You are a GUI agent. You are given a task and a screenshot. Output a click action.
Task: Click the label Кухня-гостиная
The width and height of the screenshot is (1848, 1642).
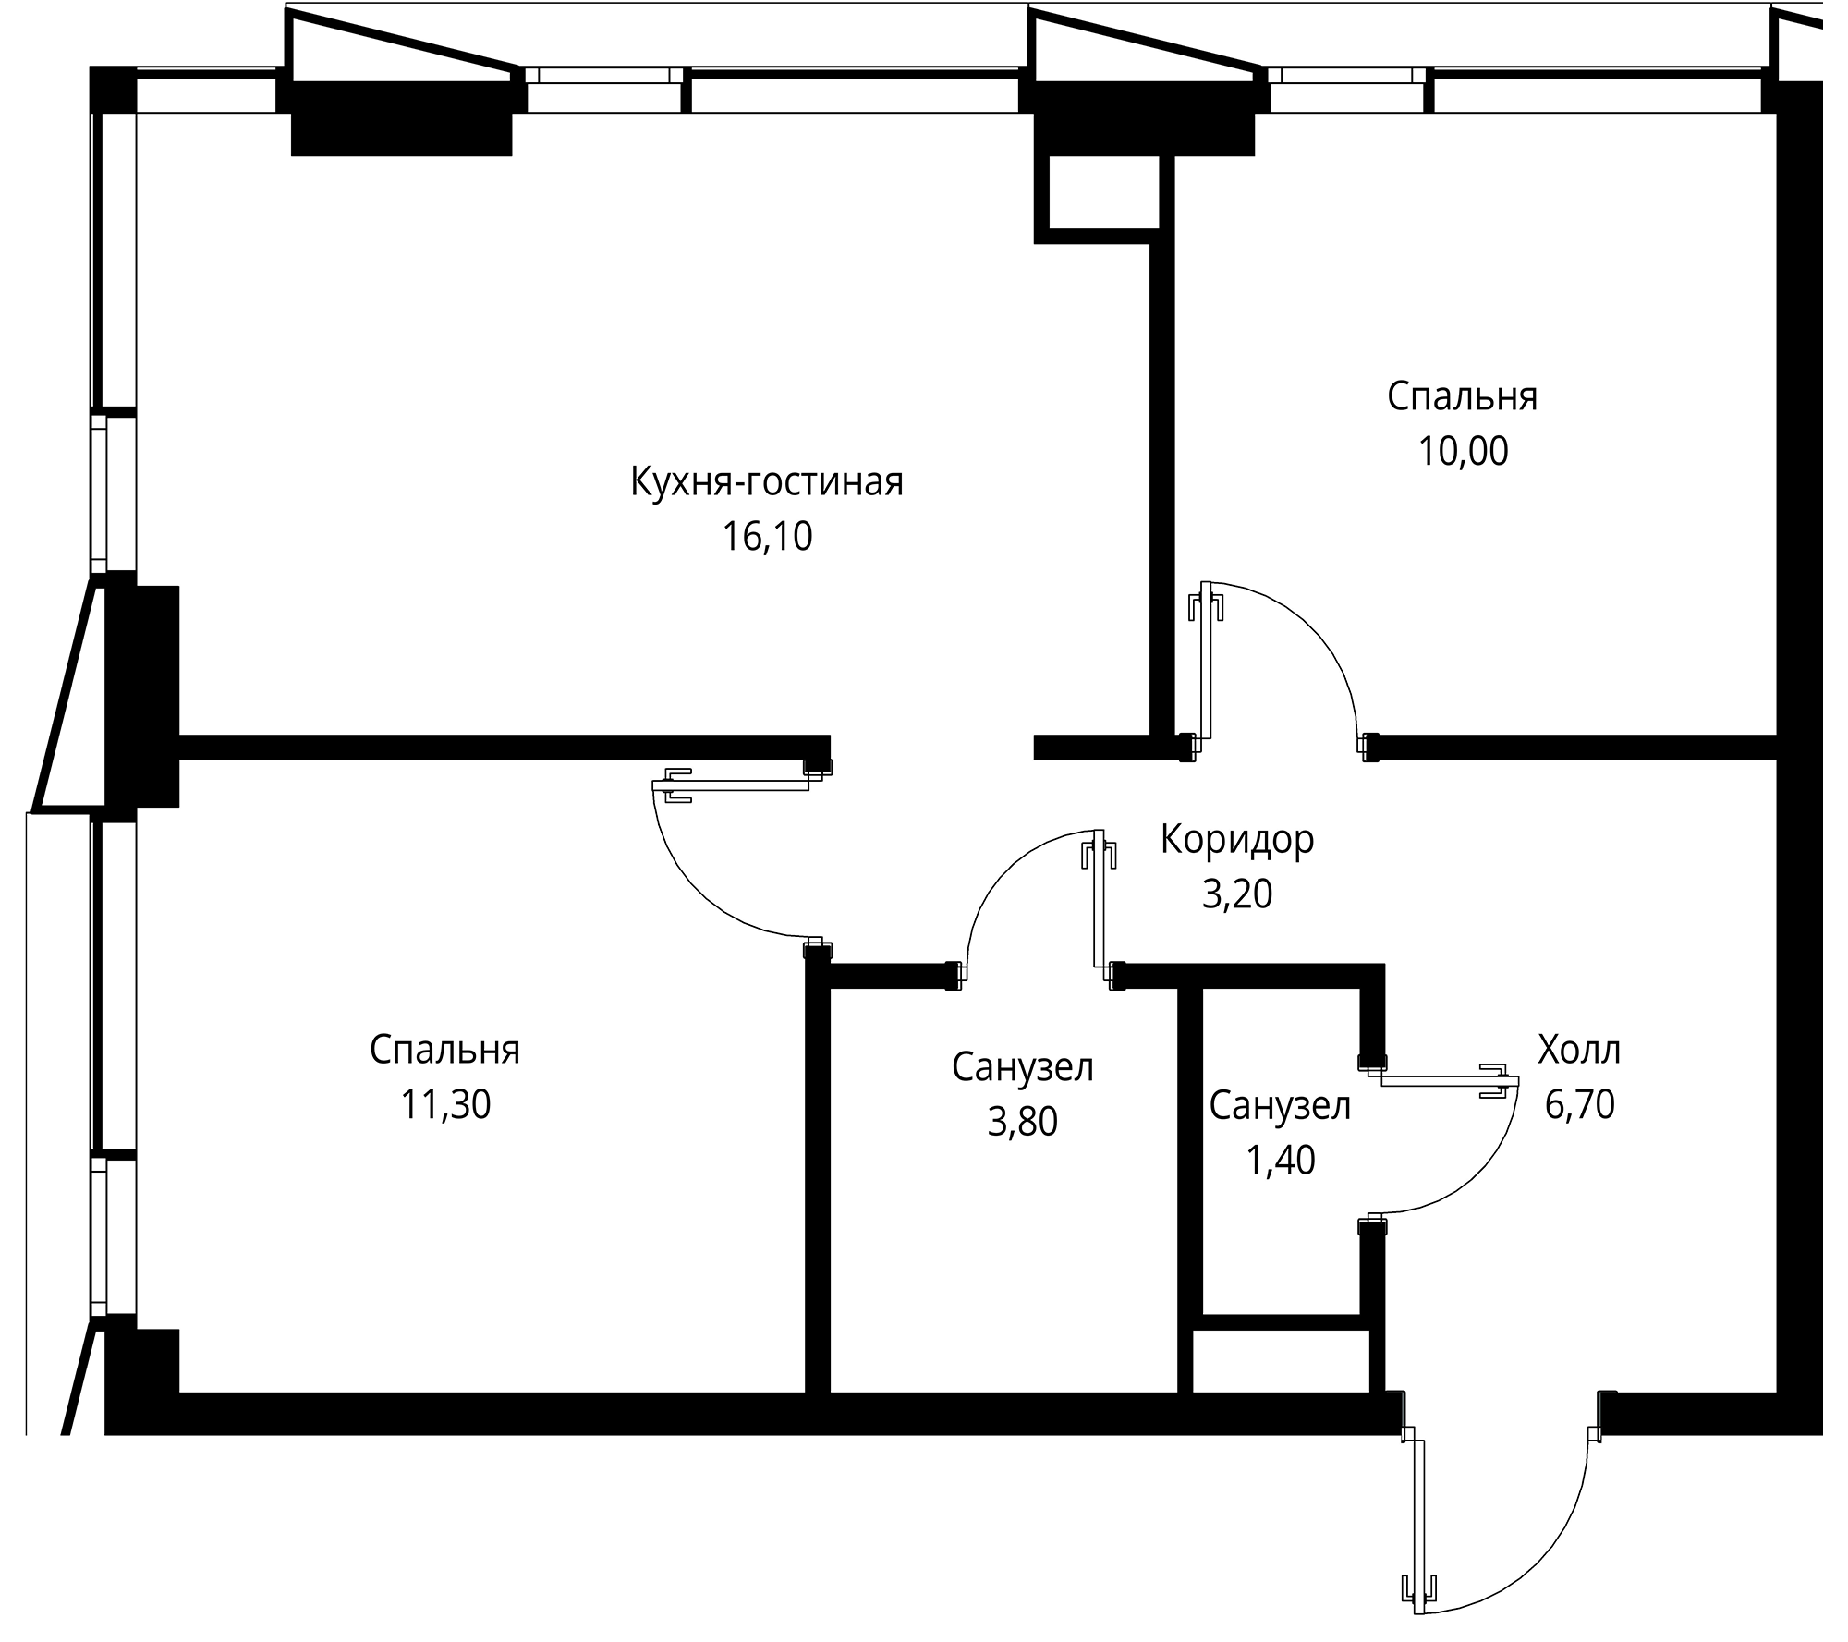click(x=767, y=482)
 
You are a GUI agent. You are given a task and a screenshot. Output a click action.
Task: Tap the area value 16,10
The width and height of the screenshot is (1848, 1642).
click(x=767, y=537)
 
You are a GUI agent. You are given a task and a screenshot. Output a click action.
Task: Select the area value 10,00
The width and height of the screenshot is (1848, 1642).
click(x=1463, y=452)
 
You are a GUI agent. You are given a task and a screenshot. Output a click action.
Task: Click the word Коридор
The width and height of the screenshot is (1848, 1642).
click(x=1237, y=840)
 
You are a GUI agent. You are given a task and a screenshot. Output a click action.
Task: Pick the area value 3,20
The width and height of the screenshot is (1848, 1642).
click(x=1237, y=894)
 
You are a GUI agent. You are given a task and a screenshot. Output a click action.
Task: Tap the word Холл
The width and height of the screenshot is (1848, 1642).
click(x=1579, y=1051)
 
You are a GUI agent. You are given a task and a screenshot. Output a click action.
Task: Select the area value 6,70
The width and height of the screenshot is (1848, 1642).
click(x=1579, y=1105)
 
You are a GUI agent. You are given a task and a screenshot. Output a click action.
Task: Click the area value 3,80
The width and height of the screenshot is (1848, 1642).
click(x=1022, y=1122)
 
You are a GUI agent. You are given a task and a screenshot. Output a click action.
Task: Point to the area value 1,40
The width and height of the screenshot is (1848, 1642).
click(x=1280, y=1161)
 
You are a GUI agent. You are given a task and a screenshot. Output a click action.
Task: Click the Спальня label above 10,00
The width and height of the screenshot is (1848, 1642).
click(x=1463, y=397)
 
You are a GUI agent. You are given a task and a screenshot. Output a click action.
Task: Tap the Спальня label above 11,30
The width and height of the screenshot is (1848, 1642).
click(x=444, y=1051)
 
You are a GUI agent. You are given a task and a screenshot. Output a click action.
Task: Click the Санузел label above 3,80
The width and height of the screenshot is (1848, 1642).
click(x=1022, y=1068)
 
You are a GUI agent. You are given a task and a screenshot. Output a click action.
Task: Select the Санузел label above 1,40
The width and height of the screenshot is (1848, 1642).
click(x=1280, y=1106)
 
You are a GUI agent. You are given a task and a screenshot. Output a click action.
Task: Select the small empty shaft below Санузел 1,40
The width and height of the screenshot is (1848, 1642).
click(x=1281, y=1360)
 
